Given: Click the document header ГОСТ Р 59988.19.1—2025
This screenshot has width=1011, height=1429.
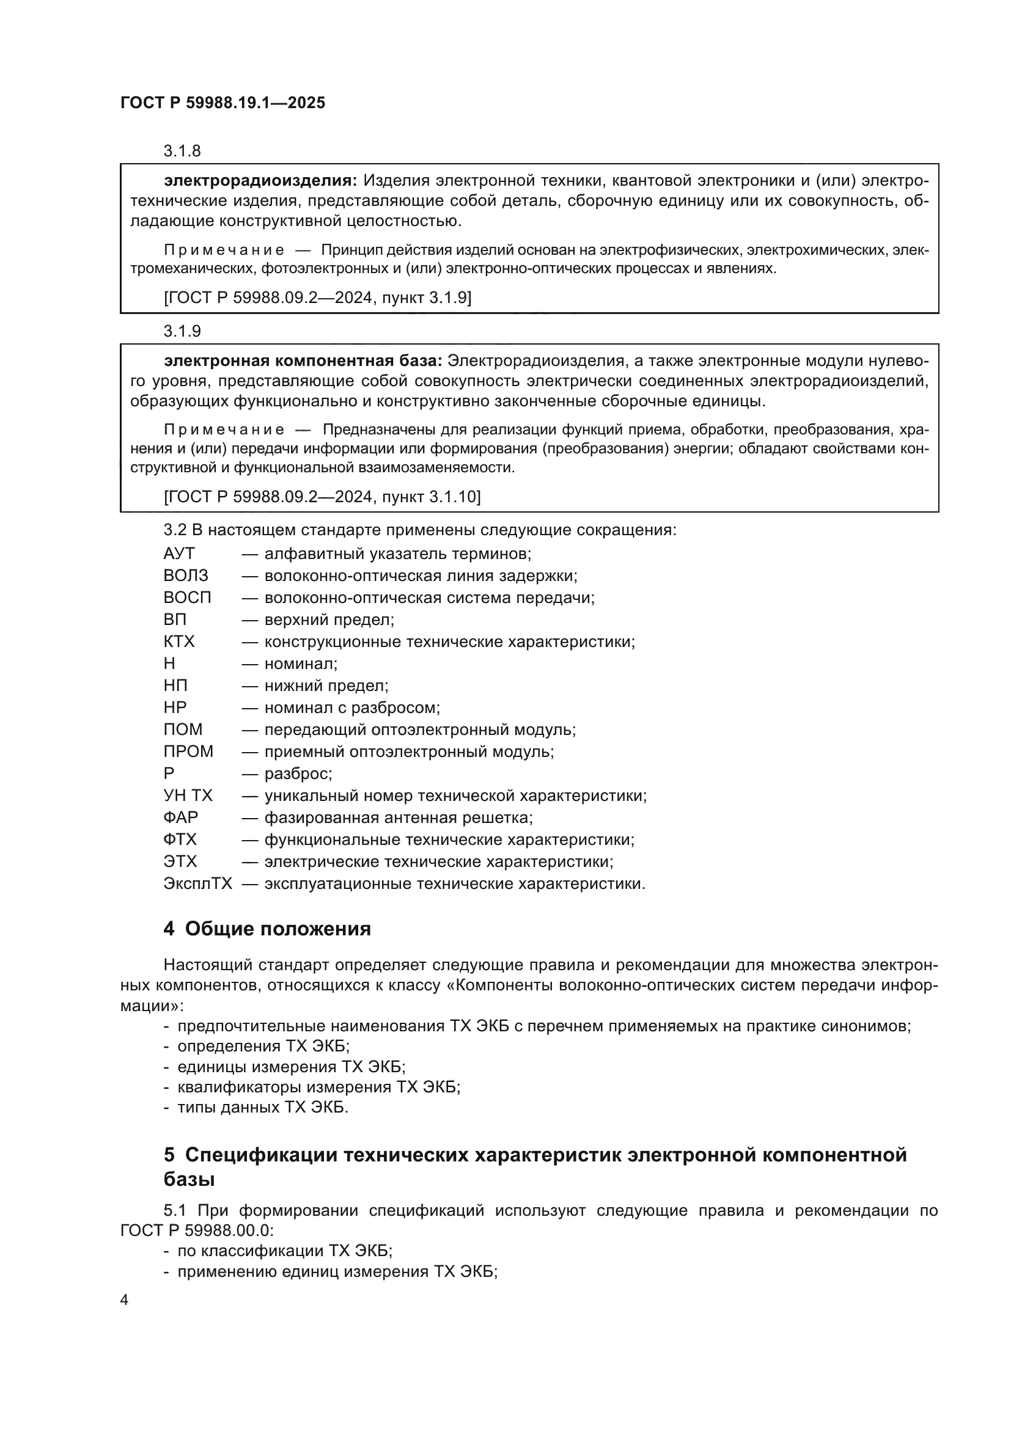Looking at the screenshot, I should [x=222, y=103].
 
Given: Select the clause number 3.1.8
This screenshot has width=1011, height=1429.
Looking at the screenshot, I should [x=182, y=152].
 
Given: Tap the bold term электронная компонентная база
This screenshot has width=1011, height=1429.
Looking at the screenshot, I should [x=303, y=361].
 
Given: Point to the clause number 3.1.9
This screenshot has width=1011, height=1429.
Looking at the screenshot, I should [x=182, y=331].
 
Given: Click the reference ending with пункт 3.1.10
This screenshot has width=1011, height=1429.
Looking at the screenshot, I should [x=322, y=497].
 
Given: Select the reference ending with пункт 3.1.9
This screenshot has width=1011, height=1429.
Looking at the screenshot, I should [x=317, y=298].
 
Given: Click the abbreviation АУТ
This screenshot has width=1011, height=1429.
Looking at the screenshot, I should [x=178, y=554].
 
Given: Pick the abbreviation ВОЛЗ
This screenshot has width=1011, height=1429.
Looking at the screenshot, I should [x=186, y=576].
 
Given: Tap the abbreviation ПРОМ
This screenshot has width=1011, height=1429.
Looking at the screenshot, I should [x=188, y=752].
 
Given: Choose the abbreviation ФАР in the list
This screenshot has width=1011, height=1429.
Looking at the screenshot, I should [x=180, y=818].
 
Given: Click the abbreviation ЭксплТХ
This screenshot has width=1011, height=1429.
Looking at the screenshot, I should [x=197, y=884].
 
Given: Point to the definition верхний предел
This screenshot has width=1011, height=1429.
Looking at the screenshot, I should [x=329, y=620].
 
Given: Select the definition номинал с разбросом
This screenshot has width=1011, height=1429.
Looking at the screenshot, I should [x=352, y=707].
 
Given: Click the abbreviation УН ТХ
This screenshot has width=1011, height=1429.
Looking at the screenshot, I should [x=188, y=796].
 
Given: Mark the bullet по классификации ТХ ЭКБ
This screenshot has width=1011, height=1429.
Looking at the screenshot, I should [x=284, y=1251].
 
